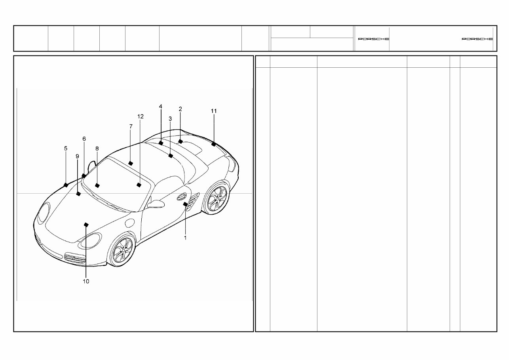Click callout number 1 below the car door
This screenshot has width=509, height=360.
(x=185, y=238)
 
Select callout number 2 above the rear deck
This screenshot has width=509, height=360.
(x=180, y=109)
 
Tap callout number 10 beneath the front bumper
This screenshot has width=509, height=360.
(x=86, y=281)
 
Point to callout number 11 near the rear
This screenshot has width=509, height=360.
(x=214, y=111)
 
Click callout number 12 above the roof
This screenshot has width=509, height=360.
(x=141, y=116)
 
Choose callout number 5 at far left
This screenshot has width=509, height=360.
(x=66, y=148)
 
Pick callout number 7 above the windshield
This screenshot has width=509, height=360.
(x=131, y=126)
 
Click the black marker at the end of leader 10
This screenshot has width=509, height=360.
(x=86, y=225)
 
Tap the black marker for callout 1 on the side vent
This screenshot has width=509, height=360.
(x=185, y=204)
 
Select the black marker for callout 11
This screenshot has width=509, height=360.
(x=214, y=144)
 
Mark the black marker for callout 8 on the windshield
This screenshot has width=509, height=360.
(x=97, y=185)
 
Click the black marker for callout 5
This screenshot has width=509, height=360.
(x=66, y=185)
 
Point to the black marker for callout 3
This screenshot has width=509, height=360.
(x=170, y=156)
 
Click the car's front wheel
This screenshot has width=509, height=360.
(x=122, y=250)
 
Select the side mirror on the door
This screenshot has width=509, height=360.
(x=156, y=204)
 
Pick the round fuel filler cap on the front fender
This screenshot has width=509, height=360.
(x=129, y=223)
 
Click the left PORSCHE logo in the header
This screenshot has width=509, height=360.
(x=373, y=39)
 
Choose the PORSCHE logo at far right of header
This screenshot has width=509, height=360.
(x=477, y=39)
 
